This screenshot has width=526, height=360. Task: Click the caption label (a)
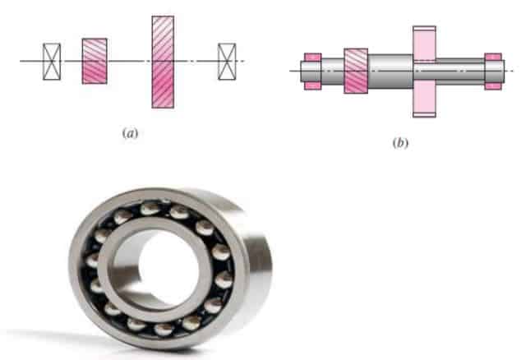[130, 133]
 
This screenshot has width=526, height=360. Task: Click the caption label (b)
[400, 143]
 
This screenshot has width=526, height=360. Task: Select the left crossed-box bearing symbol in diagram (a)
[52, 62]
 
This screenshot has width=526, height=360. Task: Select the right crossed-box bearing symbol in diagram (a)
[227, 62]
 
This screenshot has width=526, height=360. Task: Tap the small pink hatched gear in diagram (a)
[95, 61]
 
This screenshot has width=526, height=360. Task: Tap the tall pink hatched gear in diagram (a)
[163, 62]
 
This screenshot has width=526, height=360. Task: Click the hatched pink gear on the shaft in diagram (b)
[356, 71]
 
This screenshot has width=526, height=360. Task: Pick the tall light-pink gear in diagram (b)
[424, 72]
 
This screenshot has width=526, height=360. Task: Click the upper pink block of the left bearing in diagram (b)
[312, 58]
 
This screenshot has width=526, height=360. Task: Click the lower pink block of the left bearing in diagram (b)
[312, 85]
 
